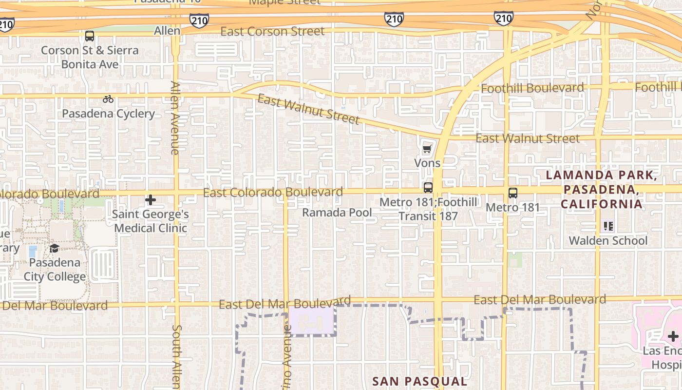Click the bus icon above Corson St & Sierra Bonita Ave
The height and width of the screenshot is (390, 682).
point(89,36)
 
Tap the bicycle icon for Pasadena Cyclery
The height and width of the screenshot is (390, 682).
point(108,99)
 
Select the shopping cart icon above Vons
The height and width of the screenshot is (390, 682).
point(427,149)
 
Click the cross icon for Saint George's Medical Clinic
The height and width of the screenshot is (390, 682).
point(151,200)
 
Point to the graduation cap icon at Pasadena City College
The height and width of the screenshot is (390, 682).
point(54,249)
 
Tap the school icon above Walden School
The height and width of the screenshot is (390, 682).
point(608,226)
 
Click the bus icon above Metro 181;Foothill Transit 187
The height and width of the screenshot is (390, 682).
point(428,188)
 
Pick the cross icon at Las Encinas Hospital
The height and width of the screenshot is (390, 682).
point(673,336)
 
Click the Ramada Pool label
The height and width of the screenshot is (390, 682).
point(337,213)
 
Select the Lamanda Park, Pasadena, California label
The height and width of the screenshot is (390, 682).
point(602,190)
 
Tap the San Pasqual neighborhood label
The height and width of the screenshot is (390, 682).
point(419,381)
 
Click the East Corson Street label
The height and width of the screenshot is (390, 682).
point(272,32)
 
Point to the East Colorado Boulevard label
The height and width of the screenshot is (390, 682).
point(273,192)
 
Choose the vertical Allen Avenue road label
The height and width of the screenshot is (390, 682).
point(175,118)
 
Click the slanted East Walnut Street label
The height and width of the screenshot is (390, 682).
point(308,109)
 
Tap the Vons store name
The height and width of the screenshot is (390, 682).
point(427,163)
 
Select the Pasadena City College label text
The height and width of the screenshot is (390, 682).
point(55,270)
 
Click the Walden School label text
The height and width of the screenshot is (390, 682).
point(608,241)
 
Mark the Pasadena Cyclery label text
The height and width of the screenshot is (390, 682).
point(108,114)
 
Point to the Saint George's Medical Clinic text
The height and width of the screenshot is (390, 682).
point(151,221)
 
